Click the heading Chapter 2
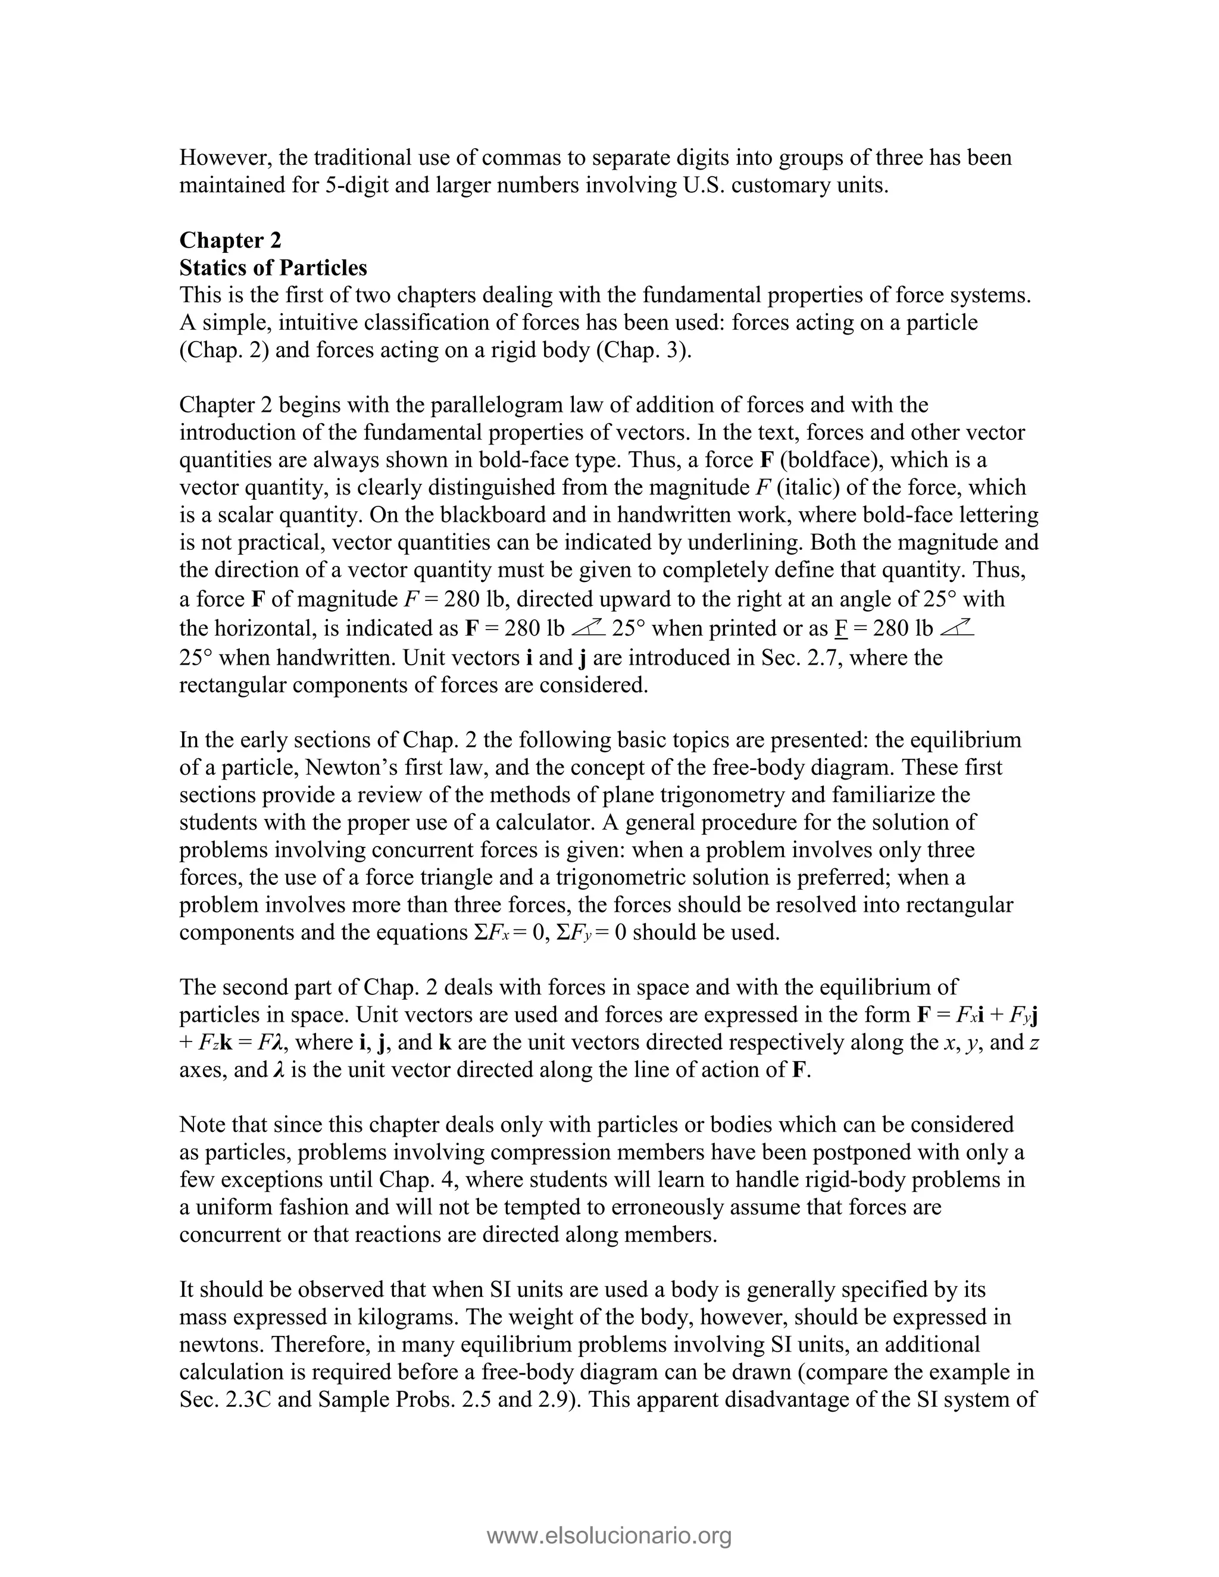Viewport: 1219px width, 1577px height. pos(230,240)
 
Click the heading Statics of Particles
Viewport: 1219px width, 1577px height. pos(273,267)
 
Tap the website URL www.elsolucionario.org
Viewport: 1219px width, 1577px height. pos(609,1535)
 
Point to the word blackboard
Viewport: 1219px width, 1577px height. pos(430,515)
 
